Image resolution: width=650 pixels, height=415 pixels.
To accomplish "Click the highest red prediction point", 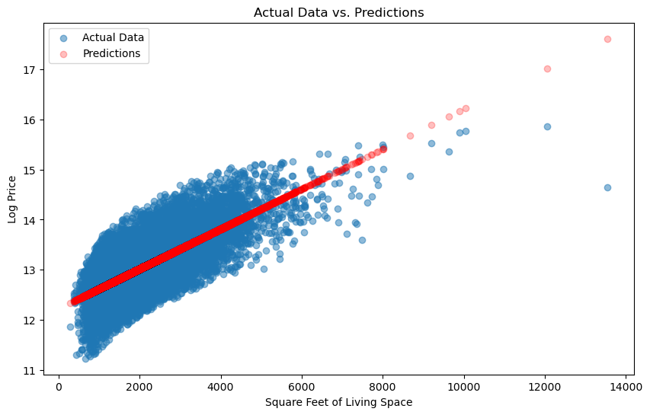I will point(607,39).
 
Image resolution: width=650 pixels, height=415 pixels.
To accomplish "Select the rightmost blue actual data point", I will point(607,187).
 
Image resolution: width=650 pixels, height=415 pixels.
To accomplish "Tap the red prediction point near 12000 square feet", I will point(547,69).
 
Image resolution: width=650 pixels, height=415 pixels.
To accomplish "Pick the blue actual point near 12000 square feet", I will point(547,126).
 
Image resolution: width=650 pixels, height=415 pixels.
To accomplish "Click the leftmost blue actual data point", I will point(70,327).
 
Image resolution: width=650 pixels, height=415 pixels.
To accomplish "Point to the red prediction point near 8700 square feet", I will point(410,136).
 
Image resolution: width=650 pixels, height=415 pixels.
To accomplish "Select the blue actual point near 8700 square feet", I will point(410,176).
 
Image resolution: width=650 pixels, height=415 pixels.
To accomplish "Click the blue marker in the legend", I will point(65,37).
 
